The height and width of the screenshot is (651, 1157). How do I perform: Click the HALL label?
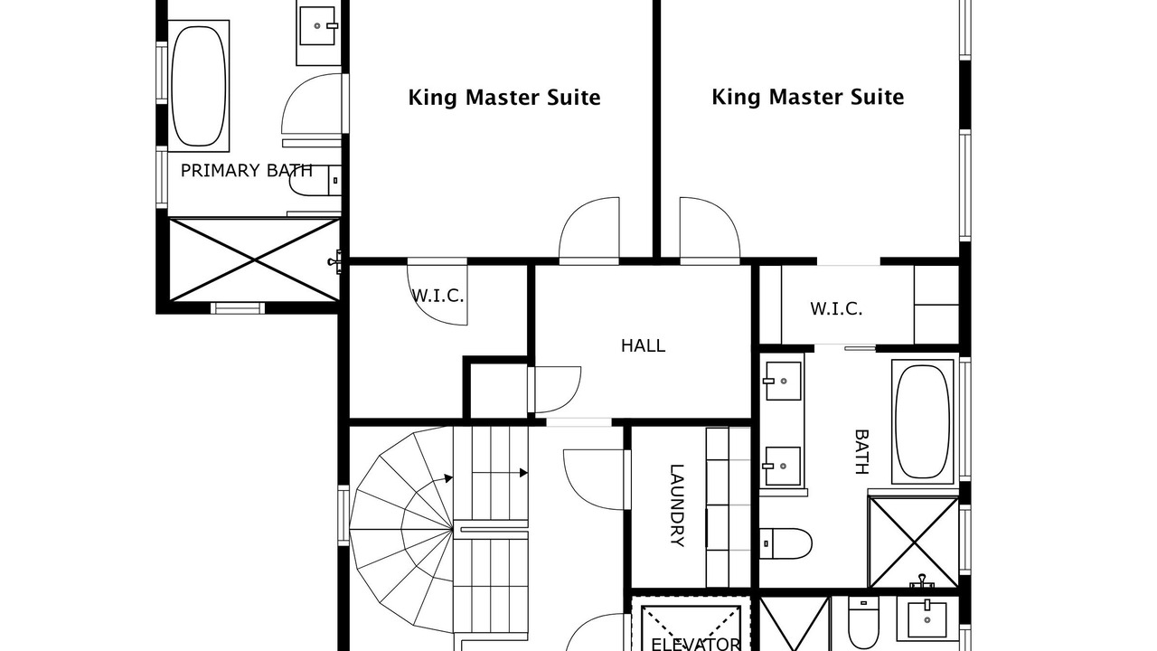point(643,345)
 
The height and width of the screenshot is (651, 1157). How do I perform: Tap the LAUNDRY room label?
point(677,505)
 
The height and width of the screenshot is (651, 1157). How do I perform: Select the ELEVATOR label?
point(696,645)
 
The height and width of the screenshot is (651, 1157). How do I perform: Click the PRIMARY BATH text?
point(247,171)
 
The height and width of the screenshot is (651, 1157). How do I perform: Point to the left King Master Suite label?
point(504,98)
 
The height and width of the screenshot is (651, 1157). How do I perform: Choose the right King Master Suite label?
point(808,97)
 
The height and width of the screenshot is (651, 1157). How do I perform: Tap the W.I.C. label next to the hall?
point(437,296)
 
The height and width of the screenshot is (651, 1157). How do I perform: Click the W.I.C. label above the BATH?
point(836,309)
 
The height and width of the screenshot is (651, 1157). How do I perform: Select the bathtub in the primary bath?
point(198,86)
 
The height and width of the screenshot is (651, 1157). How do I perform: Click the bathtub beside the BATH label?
point(923,421)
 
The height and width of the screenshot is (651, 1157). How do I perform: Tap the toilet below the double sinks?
point(785,543)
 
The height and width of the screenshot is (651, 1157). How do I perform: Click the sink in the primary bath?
point(317,26)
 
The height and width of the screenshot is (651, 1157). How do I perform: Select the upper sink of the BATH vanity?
point(783,382)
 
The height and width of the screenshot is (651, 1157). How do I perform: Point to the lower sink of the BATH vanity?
point(783,466)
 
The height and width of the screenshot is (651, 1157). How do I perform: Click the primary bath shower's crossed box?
point(255,259)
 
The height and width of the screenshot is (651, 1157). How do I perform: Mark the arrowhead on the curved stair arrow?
point(449,478)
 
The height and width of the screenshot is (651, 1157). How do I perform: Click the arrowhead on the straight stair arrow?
point(523,473)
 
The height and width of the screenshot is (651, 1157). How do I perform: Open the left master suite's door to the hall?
point(588,230)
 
